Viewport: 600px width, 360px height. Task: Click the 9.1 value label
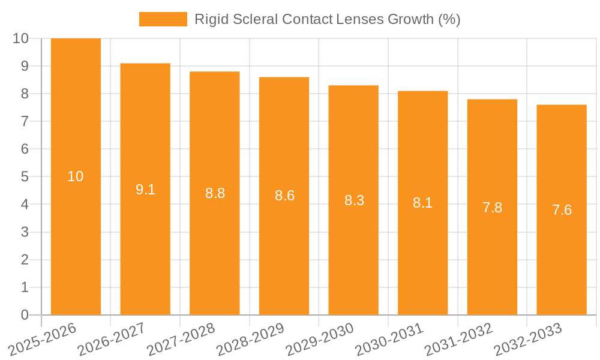145,190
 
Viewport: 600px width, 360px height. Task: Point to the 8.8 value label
215,193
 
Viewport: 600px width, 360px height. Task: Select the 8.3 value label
354,200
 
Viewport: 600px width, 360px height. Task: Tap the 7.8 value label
492,208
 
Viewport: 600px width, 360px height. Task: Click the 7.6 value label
562,210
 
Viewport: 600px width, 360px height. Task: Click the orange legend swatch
163,19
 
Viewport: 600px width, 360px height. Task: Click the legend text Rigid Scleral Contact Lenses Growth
327,19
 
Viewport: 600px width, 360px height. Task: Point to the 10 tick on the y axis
20,38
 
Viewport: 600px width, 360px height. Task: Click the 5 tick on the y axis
25,177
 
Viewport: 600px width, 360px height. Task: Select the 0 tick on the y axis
25,315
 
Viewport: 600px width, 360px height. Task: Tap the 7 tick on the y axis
25,121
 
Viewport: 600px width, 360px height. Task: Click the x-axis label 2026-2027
113,339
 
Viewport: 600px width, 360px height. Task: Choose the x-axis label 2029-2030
321,339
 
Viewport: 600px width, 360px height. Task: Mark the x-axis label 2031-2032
460,339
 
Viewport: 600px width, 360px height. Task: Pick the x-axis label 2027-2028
182,339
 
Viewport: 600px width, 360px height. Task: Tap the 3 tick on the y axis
25,232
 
